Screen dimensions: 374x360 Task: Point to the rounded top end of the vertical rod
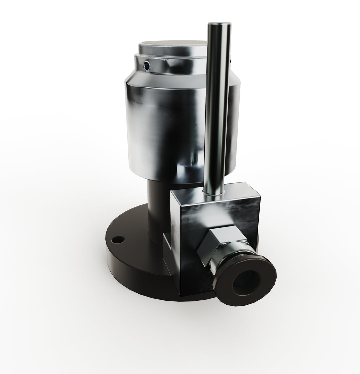217,26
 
